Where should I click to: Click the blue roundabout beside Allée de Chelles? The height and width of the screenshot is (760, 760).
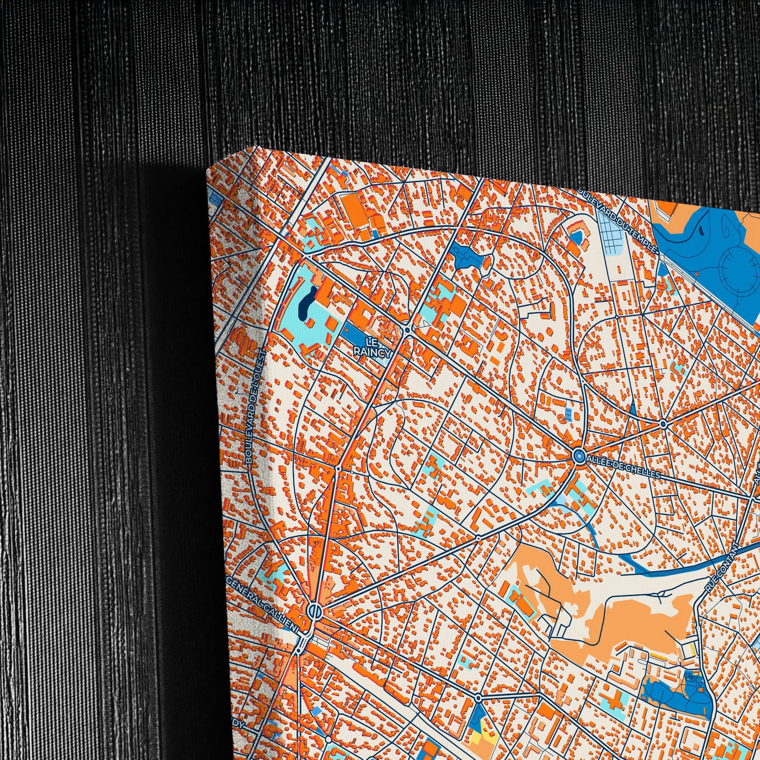coord(578,456)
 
